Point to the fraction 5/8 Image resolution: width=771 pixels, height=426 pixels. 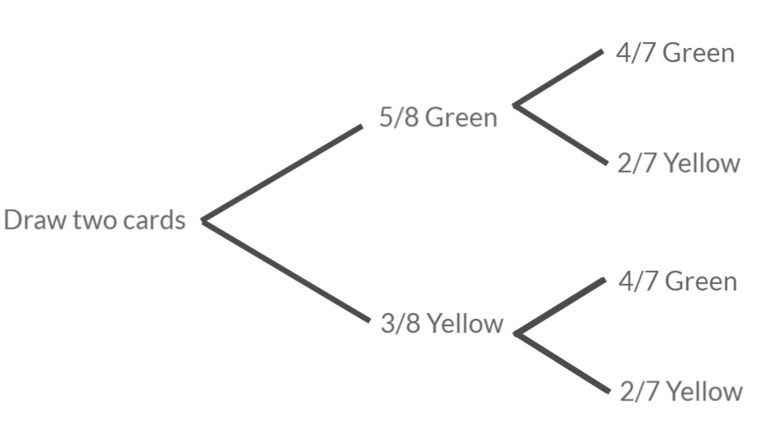[399, 117]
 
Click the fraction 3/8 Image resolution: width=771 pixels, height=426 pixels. [400, 324]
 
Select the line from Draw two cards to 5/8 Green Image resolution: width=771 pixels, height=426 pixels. [282, 173]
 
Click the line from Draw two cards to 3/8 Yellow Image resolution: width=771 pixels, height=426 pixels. [285, 270]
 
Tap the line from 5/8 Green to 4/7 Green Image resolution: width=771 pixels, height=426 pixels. [559, 78]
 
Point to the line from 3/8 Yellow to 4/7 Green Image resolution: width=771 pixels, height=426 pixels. [559, 306]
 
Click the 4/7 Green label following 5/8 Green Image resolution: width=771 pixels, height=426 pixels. [674, 54]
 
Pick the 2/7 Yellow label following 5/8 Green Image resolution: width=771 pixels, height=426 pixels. [678, 163]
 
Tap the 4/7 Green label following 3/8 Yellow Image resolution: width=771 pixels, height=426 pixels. [677, 282]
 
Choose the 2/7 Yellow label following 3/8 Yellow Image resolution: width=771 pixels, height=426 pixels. [680, 390]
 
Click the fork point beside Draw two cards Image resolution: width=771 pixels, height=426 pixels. [203, 221]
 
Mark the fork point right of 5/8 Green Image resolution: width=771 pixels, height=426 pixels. [515, 105]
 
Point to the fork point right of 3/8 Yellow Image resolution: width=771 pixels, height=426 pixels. [515, 334]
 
